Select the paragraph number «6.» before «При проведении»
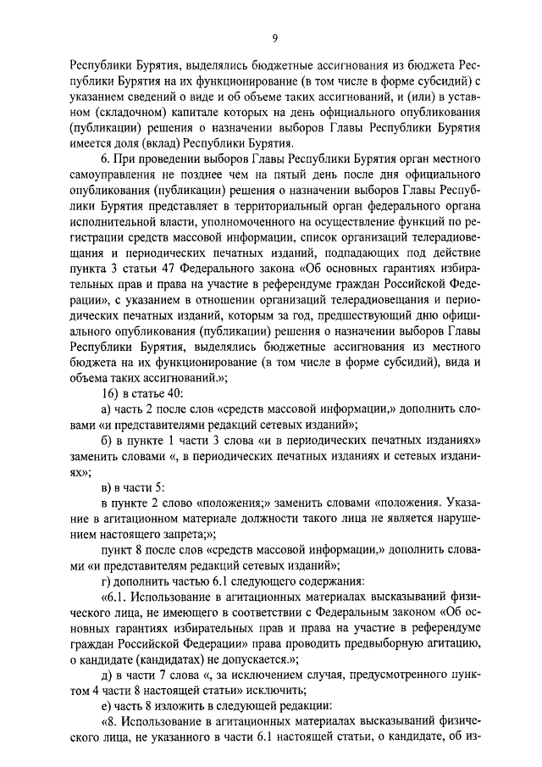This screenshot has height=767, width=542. pyautogui.click(x=106, y=160)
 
